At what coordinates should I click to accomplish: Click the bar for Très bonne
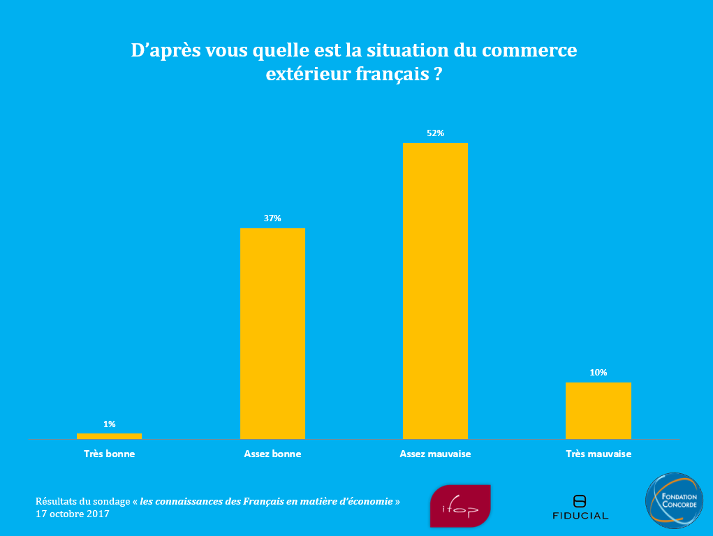(109, 436)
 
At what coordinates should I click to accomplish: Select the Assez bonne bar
(272, 333)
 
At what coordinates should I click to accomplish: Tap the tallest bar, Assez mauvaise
(435, 290)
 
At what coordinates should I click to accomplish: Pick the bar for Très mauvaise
(598, 410)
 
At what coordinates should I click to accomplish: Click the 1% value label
(109, 424)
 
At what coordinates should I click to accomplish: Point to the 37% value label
(272, 218)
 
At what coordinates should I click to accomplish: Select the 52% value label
(435, 133)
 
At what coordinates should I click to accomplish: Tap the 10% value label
(598, 373)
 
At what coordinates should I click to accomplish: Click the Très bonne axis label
(109, 454)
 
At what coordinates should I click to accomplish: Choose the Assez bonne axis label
(272, 454)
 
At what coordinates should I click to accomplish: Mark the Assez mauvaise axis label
(435, 454)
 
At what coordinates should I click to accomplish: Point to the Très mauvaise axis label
(598, 454)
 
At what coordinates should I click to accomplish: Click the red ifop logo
(460, 506)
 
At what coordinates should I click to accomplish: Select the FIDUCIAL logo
(580, 507)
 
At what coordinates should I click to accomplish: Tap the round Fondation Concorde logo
(673, 500)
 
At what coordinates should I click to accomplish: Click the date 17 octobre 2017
(72, 514)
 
